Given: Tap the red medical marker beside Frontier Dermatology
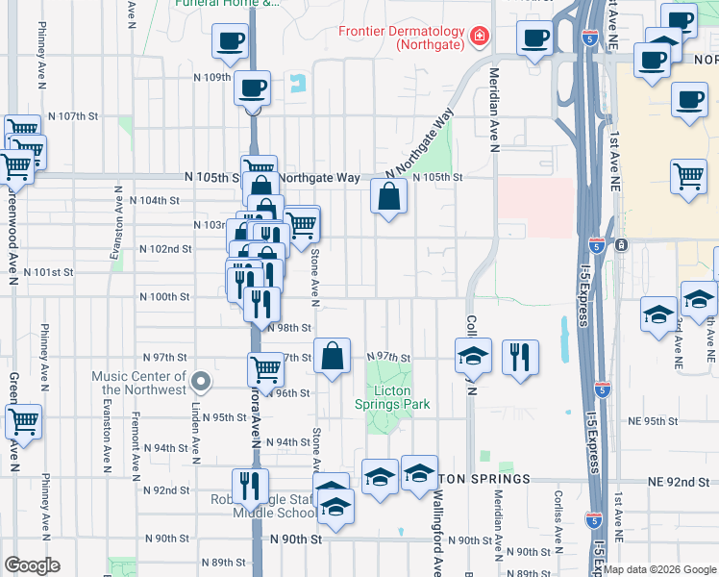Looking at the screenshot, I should point(478,38).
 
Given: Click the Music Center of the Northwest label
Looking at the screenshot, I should point(139,383).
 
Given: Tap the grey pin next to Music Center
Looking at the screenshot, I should point(200,383).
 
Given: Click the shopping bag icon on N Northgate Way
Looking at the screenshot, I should point(388,197).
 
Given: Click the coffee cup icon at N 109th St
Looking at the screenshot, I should point(253,88).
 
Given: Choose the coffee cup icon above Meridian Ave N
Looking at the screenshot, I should point(534,39).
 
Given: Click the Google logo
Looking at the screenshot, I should point(32,565).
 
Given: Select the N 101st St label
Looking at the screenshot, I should point(48,272).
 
